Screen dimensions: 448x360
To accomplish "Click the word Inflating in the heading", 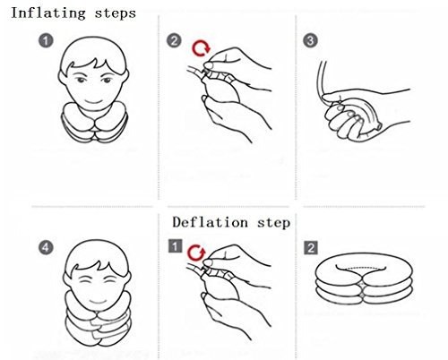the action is point(48,13).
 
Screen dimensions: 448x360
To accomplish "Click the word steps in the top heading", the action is point(116,13).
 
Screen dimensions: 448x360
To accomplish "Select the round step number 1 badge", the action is point(46,40).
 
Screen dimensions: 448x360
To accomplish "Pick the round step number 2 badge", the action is point(174,40).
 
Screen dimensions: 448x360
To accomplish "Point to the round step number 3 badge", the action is point(310,40).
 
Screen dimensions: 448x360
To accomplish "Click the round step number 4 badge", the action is point(46,248).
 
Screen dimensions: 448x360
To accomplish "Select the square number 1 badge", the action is point(175,246).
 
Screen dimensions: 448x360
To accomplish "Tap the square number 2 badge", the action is point(311,248).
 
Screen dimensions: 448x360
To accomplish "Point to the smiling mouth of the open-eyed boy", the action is point(93,101).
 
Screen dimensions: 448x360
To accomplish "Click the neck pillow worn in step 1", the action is point(94,123).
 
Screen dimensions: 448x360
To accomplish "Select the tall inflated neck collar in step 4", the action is point(98,320).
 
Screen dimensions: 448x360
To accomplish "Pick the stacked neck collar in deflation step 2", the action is point(364,279).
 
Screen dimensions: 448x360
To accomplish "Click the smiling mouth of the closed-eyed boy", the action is point(98,300).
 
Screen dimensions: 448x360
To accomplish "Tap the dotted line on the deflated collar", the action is point(360,268).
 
